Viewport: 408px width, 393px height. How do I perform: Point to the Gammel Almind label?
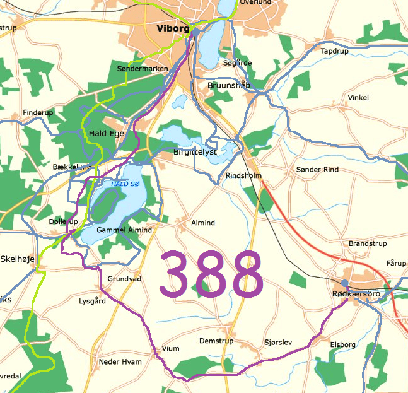[x=124, y=230]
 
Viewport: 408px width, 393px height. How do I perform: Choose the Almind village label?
[x=203, y=223]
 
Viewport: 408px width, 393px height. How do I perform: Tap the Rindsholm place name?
[x=243, y=176]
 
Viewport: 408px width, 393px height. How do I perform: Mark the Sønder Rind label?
[x=318, y=170]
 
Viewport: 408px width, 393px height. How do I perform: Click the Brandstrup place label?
[x=367, y=243]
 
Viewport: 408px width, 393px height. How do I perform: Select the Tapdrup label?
[x=334, y=51]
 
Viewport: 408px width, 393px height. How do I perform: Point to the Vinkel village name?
[x=358, y=98]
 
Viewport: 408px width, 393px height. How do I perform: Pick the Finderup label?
[x=38, y=112]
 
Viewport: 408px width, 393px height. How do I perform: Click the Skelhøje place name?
[x=19, y=259]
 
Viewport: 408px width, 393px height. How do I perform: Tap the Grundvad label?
[x=124, y=278]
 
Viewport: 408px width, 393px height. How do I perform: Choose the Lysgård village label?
[x=92, y=301]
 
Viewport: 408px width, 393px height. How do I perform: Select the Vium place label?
[x=171, y=348]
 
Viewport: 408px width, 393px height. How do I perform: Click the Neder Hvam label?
[x=120, y=361]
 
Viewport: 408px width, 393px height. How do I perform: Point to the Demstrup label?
[x=216, y=341]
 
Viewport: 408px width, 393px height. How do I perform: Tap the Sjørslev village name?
[x=278, y=343]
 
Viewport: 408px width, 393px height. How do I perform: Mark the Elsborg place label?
[x=343, y=344]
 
